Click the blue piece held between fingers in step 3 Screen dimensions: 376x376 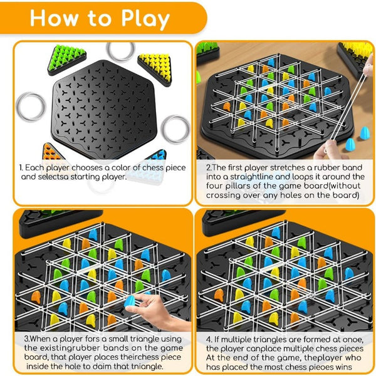[130, 302]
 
